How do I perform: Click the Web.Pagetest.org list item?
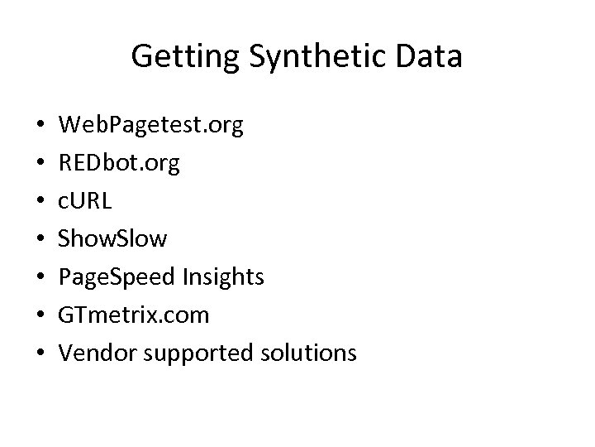[151, 126]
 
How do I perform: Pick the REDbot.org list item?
[118, 164]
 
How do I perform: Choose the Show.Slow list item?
[112, 239]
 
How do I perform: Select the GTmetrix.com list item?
[133, 315]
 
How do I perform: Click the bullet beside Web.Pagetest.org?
[40, 127]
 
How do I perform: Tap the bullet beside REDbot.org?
[40, 165]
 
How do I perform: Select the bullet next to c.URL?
[40, 202]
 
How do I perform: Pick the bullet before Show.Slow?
[40, 240]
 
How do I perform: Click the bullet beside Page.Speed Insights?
[40, 278]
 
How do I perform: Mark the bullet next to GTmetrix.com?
[40, 316]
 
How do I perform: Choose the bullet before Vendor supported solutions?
[40, 354]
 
